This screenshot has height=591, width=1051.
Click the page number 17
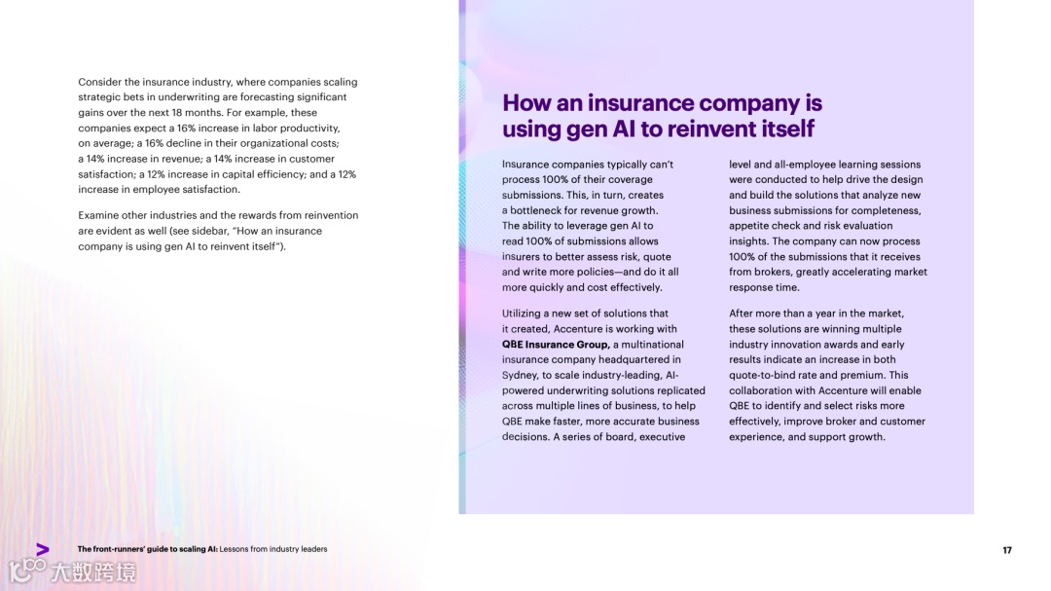pos(1007,550)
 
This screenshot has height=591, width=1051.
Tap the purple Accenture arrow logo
pos(42,549)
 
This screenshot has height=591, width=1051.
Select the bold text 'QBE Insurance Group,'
pos(556,344)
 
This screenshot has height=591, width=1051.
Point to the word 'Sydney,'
pos(522,375)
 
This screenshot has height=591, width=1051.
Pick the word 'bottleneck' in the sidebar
pos(535,210)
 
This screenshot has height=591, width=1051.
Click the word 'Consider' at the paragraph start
pos(100,82)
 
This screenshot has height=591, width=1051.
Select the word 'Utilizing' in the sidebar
pos(525,314)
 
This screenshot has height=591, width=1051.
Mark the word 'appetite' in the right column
pos(749,226)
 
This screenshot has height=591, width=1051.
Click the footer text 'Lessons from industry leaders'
pos(273,549)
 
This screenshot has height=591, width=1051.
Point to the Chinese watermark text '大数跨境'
pos(93,572)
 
